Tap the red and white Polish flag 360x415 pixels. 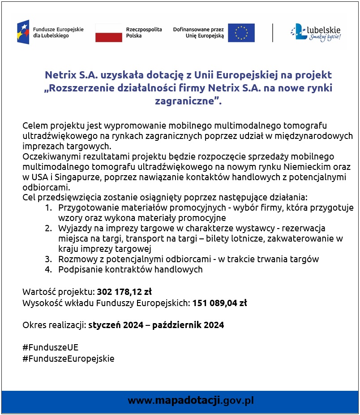click(108, 32)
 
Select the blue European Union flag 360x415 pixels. click(241, 32)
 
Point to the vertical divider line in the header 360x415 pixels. click(273, 32)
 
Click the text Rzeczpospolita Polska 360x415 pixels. click(144, 32)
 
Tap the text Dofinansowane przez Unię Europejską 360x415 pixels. click(198, 32)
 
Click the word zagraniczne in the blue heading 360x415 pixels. click(184, 101)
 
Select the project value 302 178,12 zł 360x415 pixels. click(124, 292)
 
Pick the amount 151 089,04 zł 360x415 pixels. click(219, 303)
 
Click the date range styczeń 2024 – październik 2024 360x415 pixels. click(156, 325)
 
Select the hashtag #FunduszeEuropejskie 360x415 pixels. click(68, 359)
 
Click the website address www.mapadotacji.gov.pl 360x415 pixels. click(191, 400)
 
